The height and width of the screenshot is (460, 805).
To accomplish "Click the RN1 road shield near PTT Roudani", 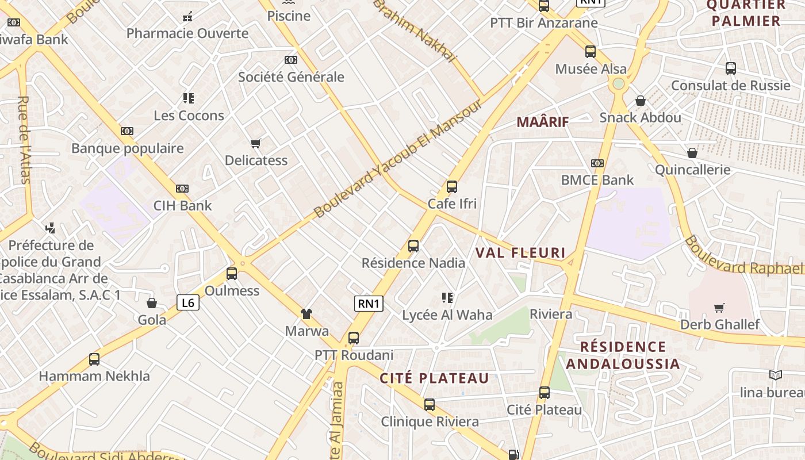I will click(369, 304).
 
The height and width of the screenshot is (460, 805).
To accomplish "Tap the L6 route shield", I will click(188, 302).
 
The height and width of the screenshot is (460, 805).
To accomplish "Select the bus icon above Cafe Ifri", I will click(452, 187).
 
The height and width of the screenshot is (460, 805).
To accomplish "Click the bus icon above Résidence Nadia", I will click(413, 246).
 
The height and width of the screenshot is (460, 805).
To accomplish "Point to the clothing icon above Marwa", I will click(306, 314).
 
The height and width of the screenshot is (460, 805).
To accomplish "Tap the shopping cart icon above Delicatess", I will click(256, 143).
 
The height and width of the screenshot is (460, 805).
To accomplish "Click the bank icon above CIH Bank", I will click(182, 189).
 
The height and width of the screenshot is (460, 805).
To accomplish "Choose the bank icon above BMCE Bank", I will click(597, 163).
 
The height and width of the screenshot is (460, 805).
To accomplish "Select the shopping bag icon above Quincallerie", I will click(692, 153).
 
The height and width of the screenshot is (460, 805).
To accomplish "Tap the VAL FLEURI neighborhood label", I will click(520, 253).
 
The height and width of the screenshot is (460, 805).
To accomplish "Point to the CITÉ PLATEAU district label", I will click(434, 378).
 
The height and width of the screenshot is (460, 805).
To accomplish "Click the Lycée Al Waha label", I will click(447, 315).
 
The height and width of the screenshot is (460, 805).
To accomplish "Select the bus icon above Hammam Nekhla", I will click(94, 359).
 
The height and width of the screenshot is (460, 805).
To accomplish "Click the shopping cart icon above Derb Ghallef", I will click(719, 308).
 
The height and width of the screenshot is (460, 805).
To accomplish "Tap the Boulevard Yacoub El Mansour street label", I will click(398, 159).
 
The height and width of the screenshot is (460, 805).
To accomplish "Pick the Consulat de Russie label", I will click(731, 86).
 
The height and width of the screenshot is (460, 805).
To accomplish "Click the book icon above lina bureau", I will click(776, 375).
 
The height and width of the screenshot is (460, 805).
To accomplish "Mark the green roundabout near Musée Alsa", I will click(619, 84).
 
